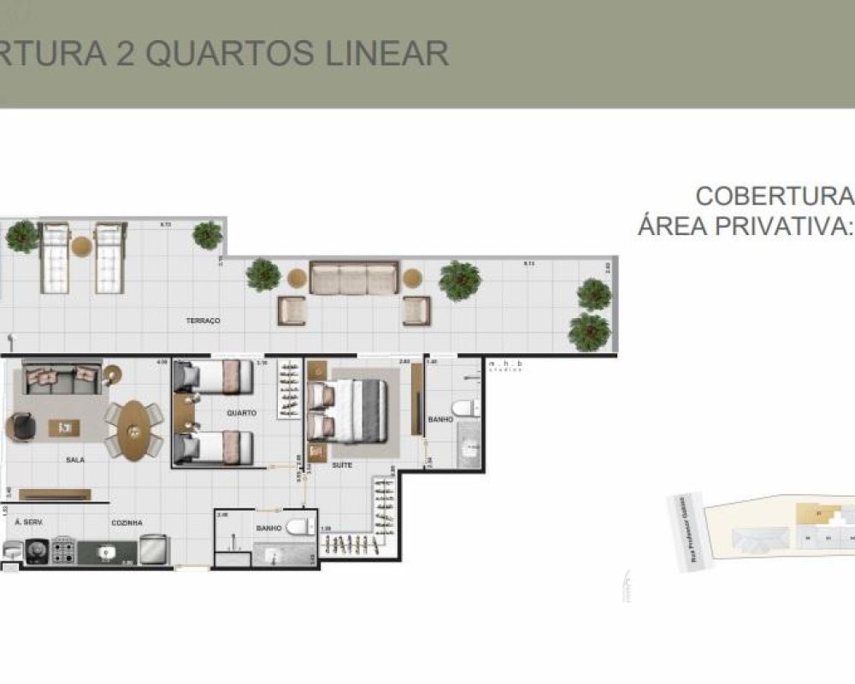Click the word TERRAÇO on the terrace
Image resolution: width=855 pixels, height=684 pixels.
point(203,321)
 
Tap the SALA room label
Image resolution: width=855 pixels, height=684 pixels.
point(75,459)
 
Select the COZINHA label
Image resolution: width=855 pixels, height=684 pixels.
point(126,522)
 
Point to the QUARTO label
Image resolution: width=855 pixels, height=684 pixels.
point(242,413)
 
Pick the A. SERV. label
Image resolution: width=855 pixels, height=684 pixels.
point(29,522)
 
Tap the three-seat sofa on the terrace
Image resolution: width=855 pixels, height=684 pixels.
point(353,280)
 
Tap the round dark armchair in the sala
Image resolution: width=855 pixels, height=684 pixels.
point(20,427)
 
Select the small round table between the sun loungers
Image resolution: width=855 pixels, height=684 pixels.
point(81,247)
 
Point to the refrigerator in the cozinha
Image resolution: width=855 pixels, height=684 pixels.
point(153,549)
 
